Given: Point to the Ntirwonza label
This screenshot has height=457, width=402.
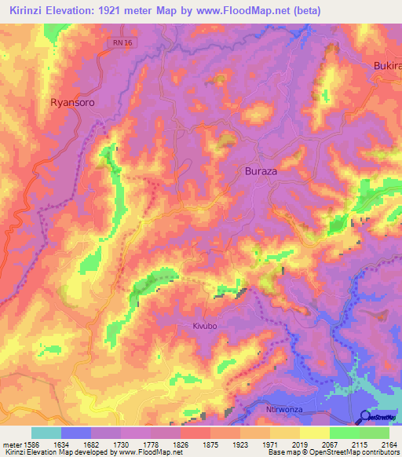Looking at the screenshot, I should point(281,409).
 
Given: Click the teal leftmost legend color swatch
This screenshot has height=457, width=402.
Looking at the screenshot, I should point(46,433).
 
